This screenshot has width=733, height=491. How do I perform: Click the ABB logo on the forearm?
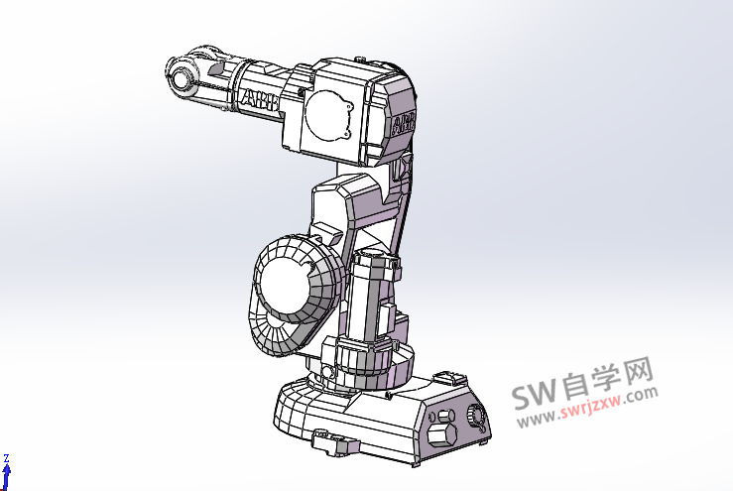(260, 100)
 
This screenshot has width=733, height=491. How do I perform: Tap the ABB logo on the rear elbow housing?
(404, 123)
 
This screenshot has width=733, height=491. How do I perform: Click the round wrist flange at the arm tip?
(181, 78)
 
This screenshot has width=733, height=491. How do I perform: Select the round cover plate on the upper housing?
(327, 115)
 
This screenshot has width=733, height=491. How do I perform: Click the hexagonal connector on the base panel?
(441, 435)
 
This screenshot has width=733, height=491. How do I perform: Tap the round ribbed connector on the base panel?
(477, 417)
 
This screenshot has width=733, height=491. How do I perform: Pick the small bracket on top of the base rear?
(449, 377)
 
